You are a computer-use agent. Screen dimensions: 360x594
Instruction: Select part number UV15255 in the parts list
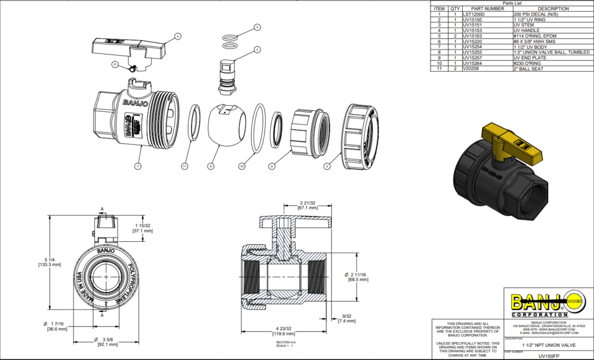(x=474, y=52)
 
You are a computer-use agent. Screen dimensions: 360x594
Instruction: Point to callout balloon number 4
(x=178, y=36)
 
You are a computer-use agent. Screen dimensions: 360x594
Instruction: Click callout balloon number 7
(x=137, y=166)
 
